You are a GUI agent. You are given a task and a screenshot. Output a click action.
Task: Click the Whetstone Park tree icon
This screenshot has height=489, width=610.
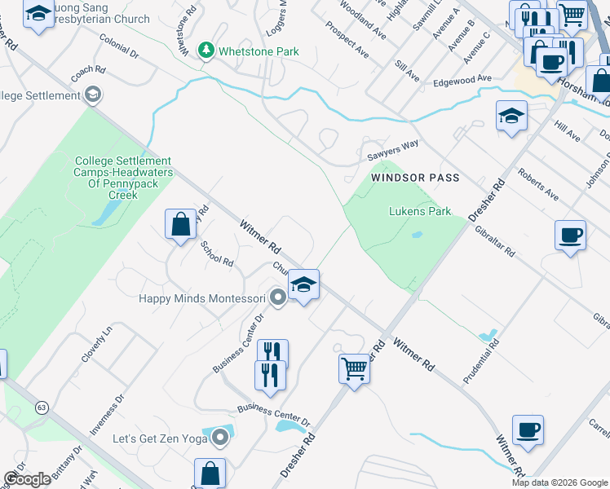pos(207,51)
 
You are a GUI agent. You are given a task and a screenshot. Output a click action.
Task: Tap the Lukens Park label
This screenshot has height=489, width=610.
pos(419,211)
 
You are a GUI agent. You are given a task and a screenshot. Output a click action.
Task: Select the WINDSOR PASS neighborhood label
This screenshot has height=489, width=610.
pos(415,178)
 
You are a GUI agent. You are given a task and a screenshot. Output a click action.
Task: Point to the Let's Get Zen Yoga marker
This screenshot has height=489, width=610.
pos(219,439)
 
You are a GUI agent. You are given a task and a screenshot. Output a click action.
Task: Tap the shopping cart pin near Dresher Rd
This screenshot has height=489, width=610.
pos(354,368)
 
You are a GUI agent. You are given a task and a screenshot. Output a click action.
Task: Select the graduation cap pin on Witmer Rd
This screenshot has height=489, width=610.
pos(303,285)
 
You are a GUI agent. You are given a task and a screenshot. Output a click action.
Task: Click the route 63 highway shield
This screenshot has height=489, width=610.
pos(42,407)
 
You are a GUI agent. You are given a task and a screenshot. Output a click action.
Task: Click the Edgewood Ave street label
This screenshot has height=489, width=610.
pos(462,80)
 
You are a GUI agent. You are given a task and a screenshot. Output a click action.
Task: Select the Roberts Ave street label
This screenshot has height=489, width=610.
pos(538,185)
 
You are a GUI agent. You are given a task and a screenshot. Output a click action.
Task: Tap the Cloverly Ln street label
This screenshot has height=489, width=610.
pos(95,346)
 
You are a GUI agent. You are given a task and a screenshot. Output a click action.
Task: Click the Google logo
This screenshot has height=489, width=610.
pos(27,479)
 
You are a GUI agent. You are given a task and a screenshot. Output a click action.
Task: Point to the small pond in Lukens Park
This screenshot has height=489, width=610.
pos(417,235)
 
